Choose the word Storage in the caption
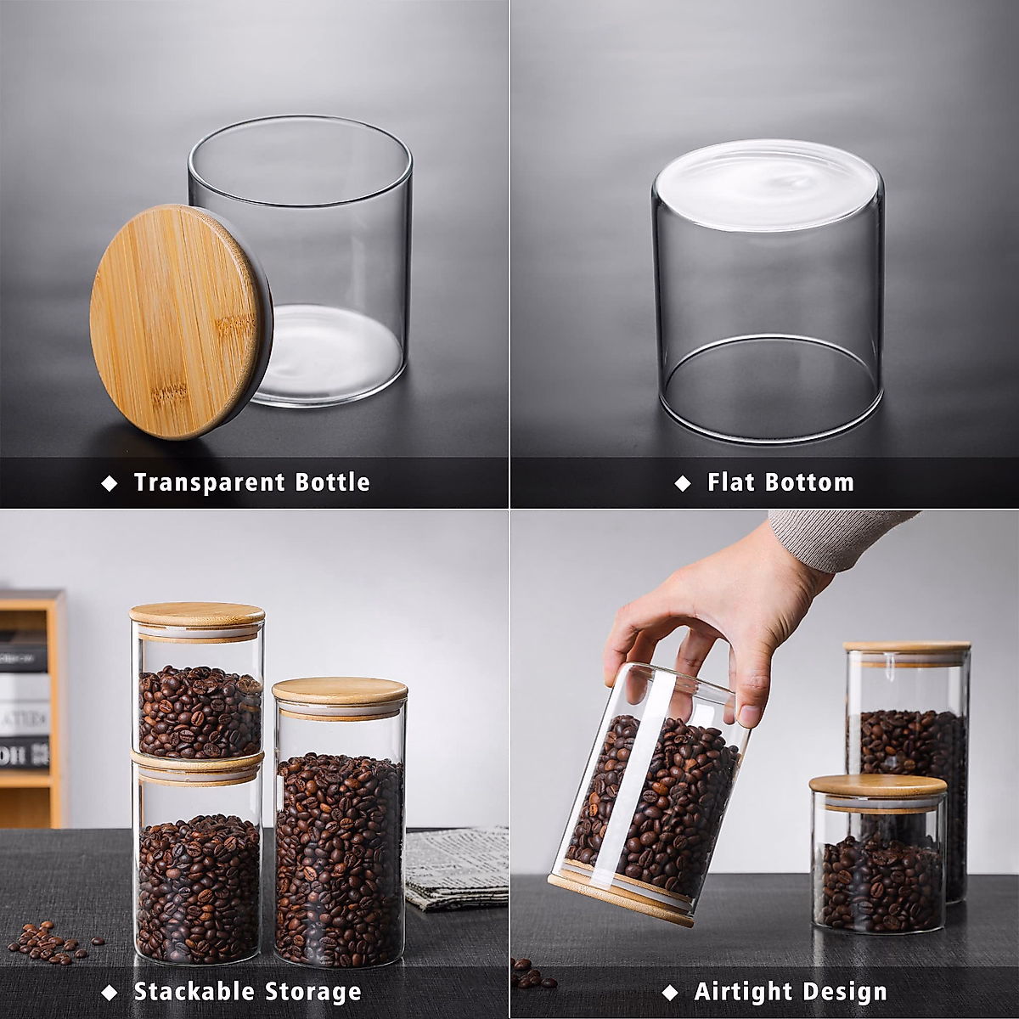pos(313,992)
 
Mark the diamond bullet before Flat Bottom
pos(683,483)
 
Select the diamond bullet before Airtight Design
pos(670,993)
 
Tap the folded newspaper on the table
pos(456,866)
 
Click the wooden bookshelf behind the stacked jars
pos(34,705)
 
